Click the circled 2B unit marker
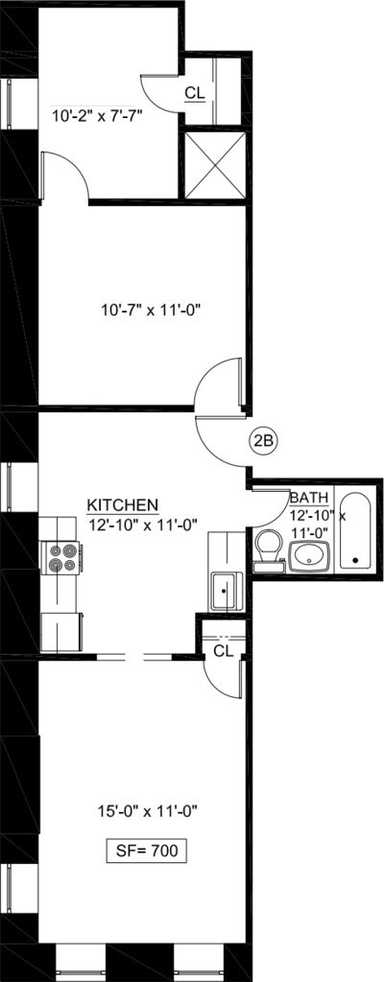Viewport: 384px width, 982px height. click(263, 440)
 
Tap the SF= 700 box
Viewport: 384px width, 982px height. click(146, 851)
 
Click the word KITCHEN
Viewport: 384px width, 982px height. click(122, 504)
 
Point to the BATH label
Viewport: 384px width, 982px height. click(309, 499)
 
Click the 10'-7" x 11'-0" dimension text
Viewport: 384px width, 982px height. click(153, 309)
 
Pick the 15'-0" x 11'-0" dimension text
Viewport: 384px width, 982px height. click(147, 811)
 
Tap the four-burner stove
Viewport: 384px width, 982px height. click(61, 557)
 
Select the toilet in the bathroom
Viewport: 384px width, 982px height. click(270, 550)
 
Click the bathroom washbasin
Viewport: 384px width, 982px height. click(309, 555)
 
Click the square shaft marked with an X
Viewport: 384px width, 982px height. click(215, 166)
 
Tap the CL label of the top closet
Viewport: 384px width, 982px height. click(195, 93)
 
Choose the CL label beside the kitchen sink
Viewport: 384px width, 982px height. click(224, 651)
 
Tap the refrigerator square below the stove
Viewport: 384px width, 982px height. click(60, 633)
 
